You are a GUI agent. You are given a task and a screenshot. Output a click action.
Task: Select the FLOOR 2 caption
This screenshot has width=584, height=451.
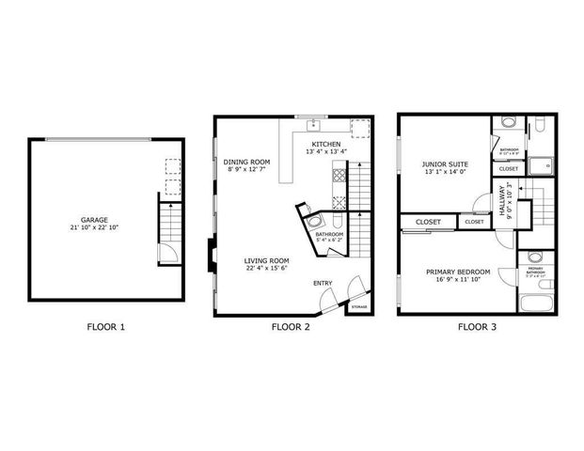(291, 328)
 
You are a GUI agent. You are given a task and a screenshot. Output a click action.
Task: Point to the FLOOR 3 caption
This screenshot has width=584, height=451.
(477, 328)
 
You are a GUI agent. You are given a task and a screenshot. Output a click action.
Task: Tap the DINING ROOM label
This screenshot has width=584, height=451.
(246, 162)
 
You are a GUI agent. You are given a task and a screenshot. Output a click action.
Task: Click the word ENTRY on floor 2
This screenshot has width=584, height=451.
(323, 283)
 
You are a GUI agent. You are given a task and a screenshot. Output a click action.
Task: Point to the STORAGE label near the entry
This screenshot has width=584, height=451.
(359, 306)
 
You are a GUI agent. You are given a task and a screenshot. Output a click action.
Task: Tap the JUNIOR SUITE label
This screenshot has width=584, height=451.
(445, 163)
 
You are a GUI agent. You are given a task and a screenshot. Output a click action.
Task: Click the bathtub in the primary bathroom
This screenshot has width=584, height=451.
(535, 303)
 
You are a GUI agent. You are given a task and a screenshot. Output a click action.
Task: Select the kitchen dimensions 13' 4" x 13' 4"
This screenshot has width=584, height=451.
(326, 151)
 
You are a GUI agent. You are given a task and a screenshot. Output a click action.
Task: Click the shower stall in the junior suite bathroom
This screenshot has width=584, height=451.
(540, 167)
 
